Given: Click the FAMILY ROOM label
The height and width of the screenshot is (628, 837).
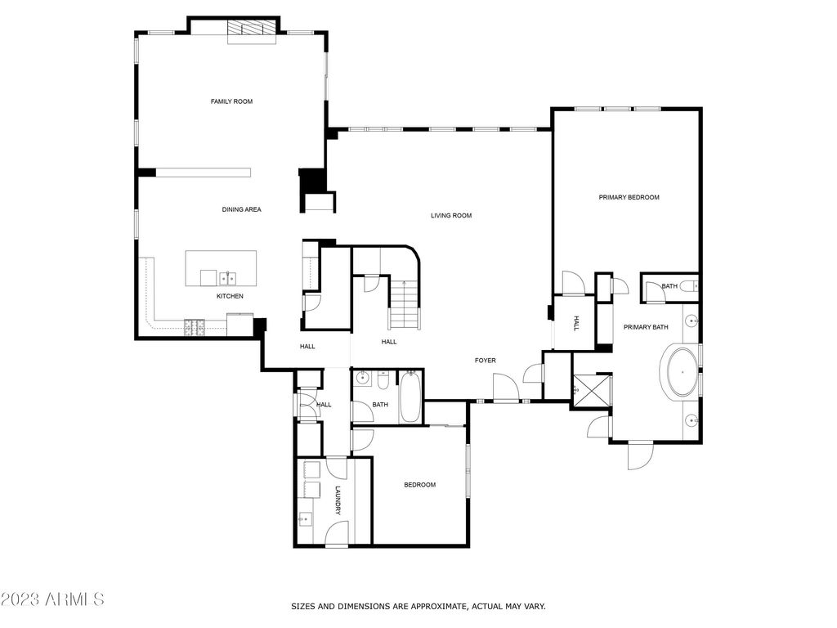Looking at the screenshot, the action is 231,101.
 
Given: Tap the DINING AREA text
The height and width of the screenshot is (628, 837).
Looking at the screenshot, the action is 241,209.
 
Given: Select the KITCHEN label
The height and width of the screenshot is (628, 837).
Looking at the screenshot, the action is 230,296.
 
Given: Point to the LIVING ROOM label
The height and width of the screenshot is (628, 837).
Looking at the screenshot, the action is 451,216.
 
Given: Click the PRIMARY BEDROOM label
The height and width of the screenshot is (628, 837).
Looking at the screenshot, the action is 629,197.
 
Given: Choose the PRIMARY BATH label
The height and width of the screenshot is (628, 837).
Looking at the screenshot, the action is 646,327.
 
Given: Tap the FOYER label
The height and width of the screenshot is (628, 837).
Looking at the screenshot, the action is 486,361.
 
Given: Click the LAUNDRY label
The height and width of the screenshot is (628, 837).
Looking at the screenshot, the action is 338,500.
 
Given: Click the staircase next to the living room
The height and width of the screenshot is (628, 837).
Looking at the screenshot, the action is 404,304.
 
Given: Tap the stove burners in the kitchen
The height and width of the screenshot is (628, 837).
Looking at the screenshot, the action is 195,327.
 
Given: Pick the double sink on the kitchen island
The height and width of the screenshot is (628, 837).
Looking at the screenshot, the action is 228,278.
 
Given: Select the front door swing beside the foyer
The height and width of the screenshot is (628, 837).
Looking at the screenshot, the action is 505,388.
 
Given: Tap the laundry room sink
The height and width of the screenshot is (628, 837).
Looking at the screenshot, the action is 306,518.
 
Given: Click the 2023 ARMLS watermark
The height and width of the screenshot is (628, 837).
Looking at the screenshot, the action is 52,599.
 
